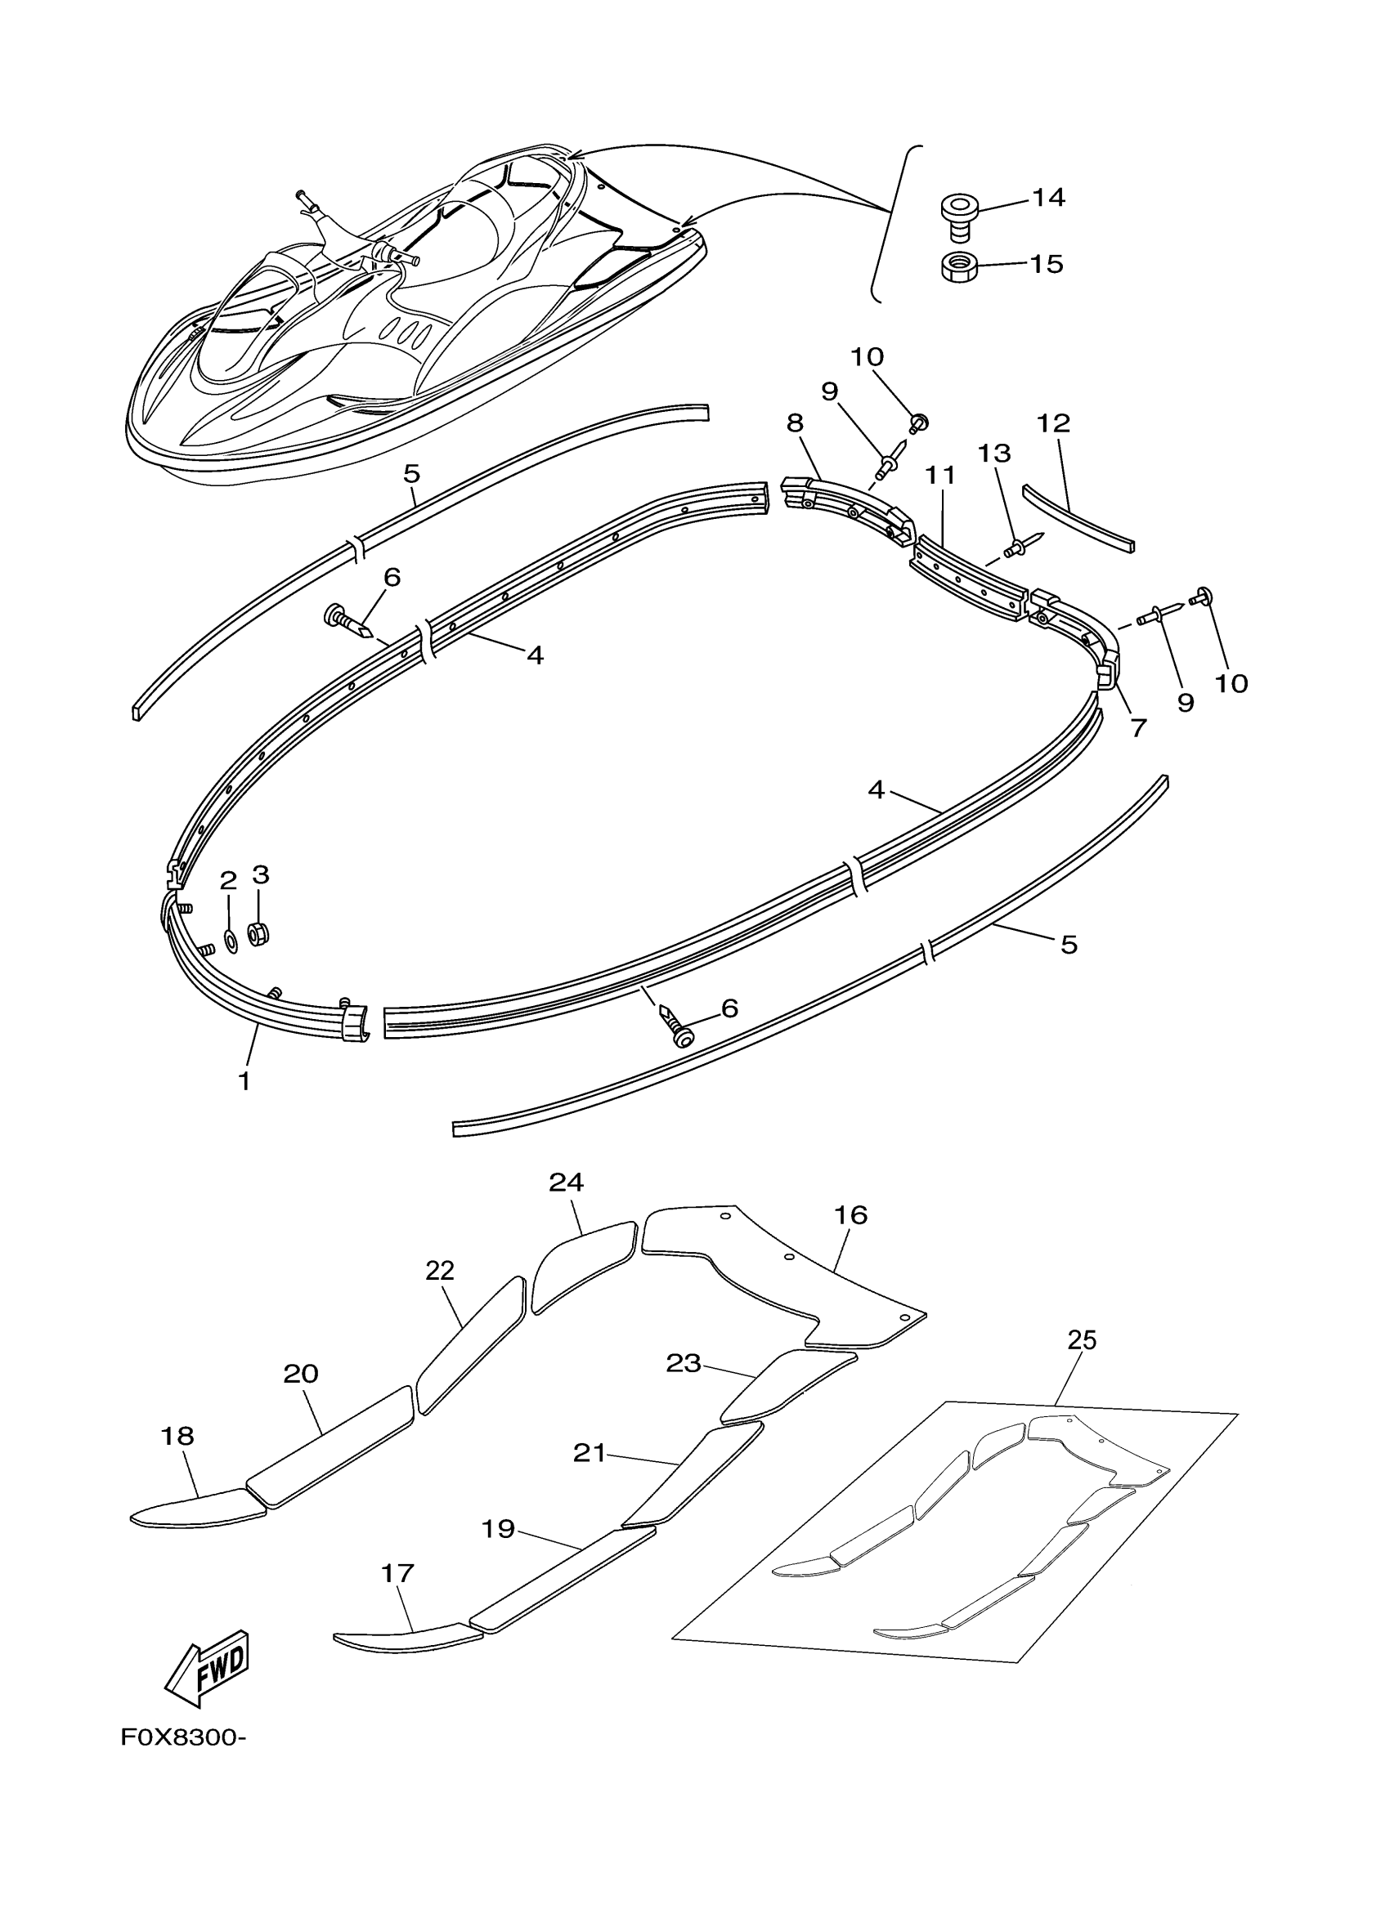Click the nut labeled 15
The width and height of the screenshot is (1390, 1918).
pos(959,266)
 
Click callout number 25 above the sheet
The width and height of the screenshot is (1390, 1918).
pos(1081,1340)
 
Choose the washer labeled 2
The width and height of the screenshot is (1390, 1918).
pos(230,940)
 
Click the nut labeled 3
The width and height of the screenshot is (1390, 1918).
pos(258,933)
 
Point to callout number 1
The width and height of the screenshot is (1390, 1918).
pos(244,1081)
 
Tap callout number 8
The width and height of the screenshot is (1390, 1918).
pos(795,423)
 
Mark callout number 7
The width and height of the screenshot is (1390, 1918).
pos(1138,727)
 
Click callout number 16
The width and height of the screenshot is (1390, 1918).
pos(850,1215)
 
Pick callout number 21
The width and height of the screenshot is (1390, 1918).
pos(589,1453)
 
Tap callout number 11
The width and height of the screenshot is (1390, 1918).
pos(940,476)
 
